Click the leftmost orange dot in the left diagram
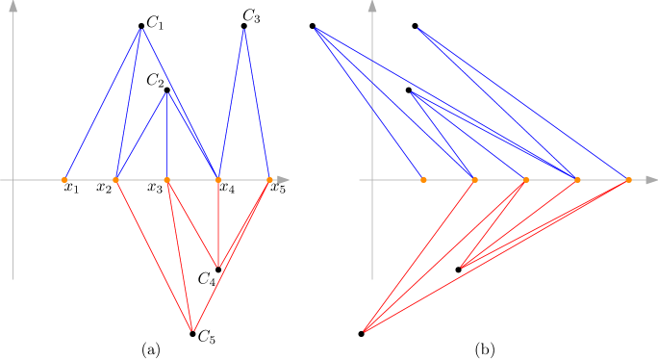[x=64, y=180]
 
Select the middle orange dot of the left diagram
[x=167, y=180]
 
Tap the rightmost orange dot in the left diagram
[x=269, y=180]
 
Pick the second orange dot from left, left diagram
[x=116, y=180]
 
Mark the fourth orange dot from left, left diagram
[x=218, y=180]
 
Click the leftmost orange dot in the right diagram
[x=423, y=180]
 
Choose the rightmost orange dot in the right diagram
[x=629, y=180]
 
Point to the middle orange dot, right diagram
[x=526, y=180]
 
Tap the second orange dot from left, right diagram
[x=474, y=180]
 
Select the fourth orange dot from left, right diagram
[x=577, y=180]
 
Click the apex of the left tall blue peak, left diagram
[x=141, y=29]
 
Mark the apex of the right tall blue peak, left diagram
[x=244, y=29]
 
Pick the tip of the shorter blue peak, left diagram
[x=167, y=92]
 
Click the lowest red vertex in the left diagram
[x=192, y=331]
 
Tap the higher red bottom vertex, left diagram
[x=218, y=267]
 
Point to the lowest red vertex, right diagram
[x=365, y=331]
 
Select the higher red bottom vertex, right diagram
[x=462, y=267]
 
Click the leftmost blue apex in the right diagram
[x=316, y=29]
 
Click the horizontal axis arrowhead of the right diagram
[x=651, y=180]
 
